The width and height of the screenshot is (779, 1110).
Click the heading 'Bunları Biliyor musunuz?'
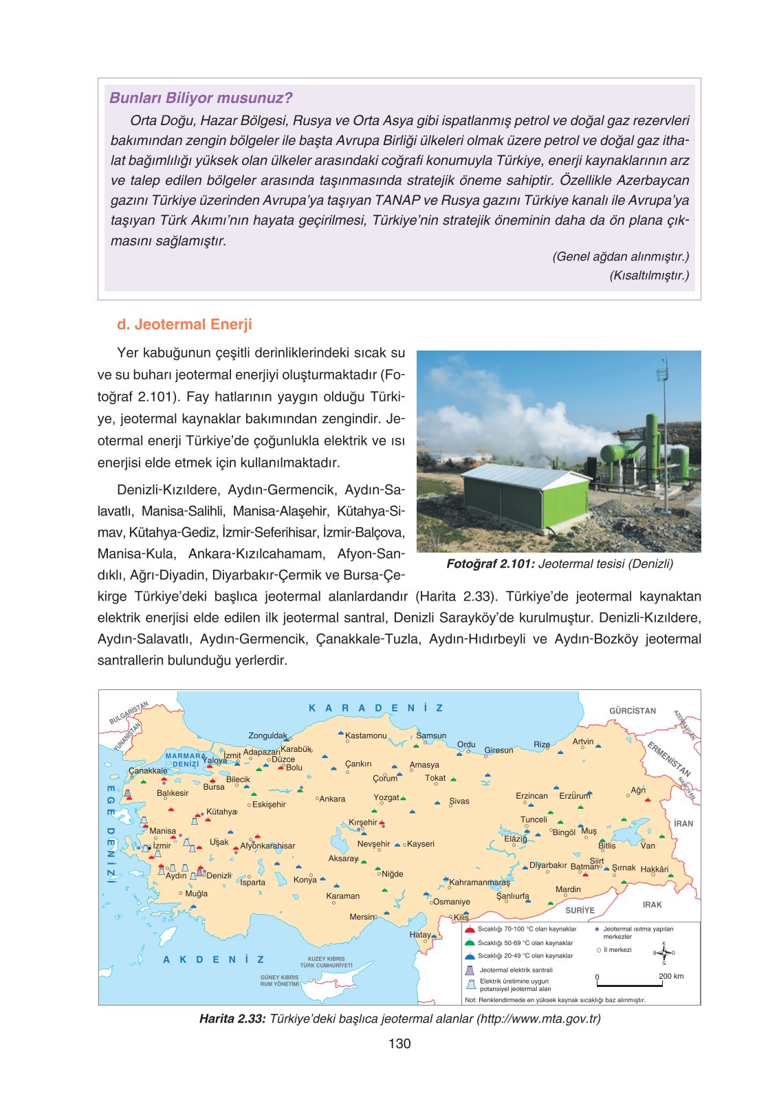click(x=201, y=98)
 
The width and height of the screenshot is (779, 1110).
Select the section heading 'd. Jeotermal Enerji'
click(x=184, y=324)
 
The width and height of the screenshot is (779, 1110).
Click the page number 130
click(x=399, y=1043)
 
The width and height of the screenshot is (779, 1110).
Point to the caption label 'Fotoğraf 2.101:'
click(x=490, y=564)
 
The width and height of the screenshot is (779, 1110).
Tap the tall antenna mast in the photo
click(x=664, y=433)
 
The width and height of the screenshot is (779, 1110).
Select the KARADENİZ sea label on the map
click(x=376, y=708)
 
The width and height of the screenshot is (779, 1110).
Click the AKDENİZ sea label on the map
click(x=213, y=959)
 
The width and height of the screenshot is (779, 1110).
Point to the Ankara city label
click(x=332, y=799)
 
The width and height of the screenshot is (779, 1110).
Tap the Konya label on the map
click(x=305, y=880)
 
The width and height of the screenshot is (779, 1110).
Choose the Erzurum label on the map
click(x=574, y=796)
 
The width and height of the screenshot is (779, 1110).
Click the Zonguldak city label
click(x=267, y=735)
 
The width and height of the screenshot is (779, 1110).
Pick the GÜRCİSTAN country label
click(x=633, y=711)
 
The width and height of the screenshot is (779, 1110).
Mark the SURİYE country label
click(x=580, y=910)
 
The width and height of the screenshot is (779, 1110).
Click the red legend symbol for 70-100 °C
click(x=470, y=930)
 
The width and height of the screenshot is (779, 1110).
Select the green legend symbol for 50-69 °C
click(x=470, y=943)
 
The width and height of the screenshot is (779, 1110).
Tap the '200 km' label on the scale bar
click(x=670, y=976)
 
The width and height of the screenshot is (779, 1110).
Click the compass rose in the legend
click(x=663, y=953)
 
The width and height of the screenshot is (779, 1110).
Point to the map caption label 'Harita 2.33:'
click(x=232, y=1019)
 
